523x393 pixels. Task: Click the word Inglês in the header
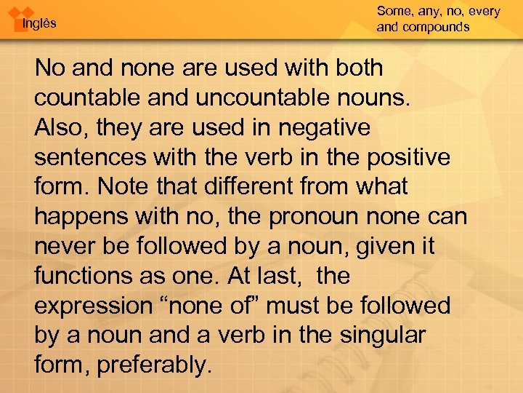39,23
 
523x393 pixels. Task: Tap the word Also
59,128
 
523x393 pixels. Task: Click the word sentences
89,158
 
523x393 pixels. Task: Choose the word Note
123,187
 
